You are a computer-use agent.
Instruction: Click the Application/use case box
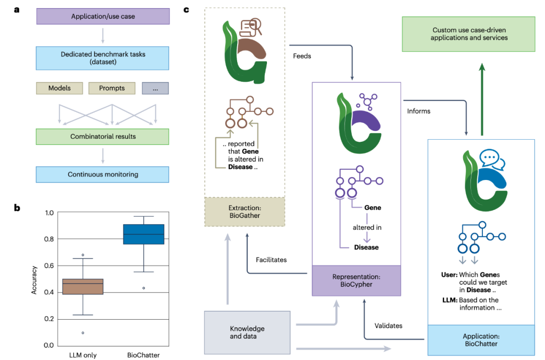103,16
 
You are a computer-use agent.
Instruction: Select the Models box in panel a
60,88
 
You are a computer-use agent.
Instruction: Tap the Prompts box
112,88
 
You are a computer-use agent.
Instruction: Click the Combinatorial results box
103,137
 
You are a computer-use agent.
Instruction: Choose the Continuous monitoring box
103,174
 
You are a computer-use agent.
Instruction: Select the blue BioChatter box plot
143,234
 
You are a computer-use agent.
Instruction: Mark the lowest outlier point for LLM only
82,333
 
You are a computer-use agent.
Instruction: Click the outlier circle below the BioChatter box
143,288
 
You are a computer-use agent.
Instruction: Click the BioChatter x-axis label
143,355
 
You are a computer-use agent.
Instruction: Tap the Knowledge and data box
247,332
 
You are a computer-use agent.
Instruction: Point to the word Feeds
302,56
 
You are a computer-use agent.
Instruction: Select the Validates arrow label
389,326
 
